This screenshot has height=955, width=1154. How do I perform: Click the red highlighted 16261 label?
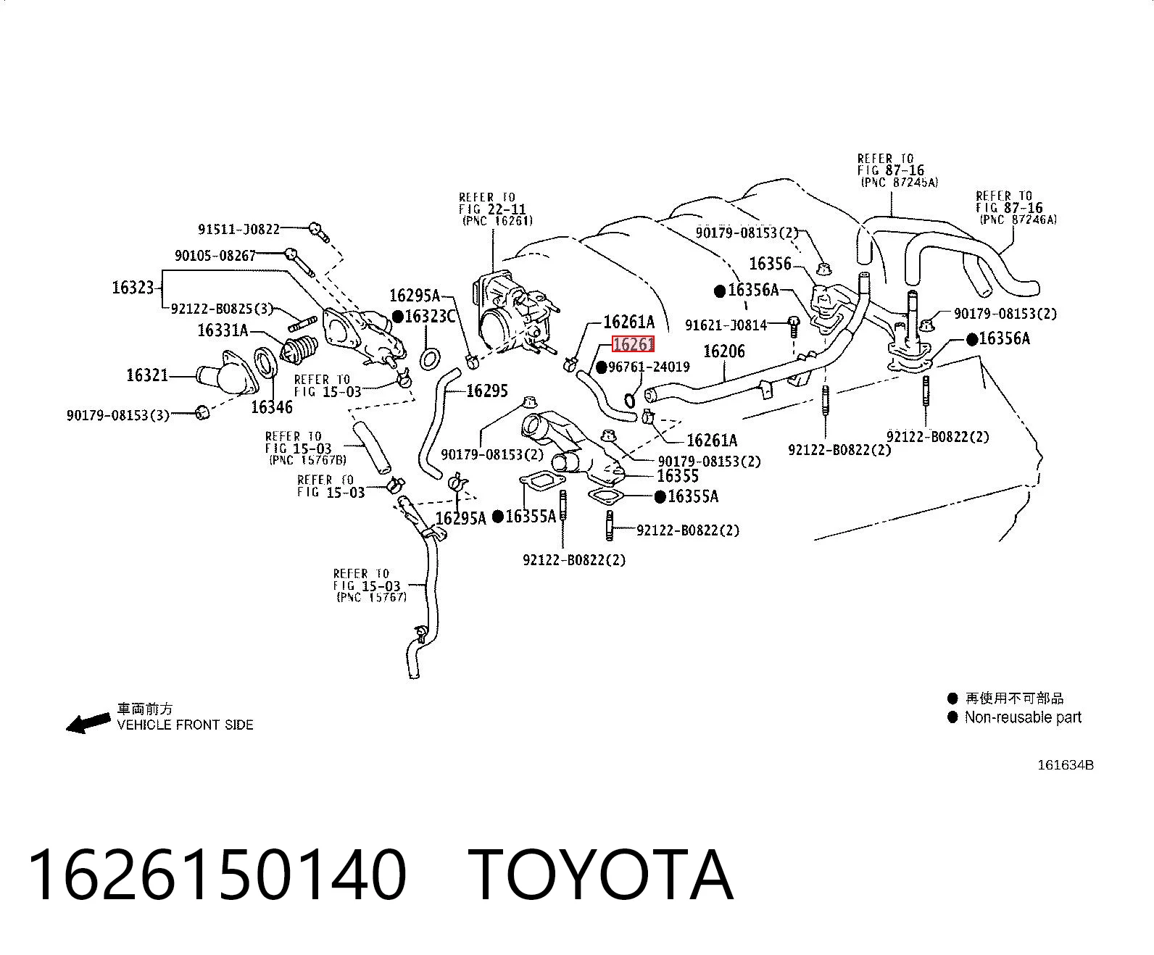pyautogui.click(x=633, y=344)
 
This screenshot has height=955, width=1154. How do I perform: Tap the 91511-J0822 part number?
pyautogui.click(x=238, y=230)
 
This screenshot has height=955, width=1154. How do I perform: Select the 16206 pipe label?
pyautogui.click(x=724, y=351)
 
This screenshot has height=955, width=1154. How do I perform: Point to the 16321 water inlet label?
pyautogui.click(x=147, y=375)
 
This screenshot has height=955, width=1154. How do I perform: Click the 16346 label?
pyautogui.click(x=271, y=407)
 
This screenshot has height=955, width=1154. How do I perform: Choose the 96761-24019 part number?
pyautogui.click(x=649, y=367)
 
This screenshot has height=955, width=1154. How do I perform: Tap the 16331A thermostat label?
pyautogui.click(x=223, y=330)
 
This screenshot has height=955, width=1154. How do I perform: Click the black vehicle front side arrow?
pyautogui.click(x=88, y=723)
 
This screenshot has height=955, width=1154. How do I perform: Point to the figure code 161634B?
pyautogui.click(x=1066, y=765)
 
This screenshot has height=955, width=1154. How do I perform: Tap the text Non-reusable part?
pyautogui.click(x=1023, y=717)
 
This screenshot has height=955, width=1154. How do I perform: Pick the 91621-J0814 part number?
pyautogui.click(x=726, y=325)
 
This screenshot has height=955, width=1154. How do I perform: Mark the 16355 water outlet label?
pyautogui.click(x=678, y=476)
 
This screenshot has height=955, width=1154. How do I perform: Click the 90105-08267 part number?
pyautogui.click(x=215, y=255)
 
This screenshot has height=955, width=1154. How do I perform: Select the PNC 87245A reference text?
pyautogui.click(x=900, y=183)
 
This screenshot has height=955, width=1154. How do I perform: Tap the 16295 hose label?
pyautogui.click(x=487, y=391)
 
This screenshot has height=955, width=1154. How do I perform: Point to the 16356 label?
pyautogui.click(x=770, y=264)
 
